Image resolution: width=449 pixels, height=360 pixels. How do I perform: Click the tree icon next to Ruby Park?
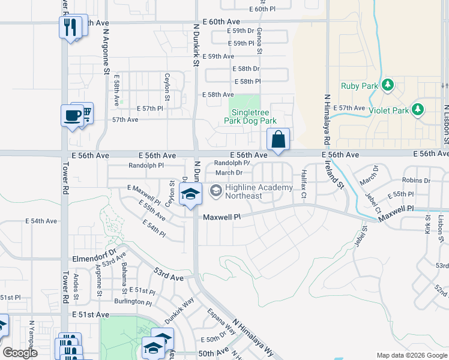point(388,86)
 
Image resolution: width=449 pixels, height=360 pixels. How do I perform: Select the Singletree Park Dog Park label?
point(245,116)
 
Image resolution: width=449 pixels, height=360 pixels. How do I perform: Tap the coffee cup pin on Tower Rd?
point(71,115)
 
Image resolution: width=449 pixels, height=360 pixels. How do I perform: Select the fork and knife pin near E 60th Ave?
point(71,27)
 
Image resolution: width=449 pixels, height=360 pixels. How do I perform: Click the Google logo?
point(20,353)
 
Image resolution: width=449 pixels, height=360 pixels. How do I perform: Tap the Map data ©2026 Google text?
point(411,355)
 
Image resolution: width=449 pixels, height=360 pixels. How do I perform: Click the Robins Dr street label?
point(416,180)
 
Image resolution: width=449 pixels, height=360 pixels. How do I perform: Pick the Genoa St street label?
point(260,40)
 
